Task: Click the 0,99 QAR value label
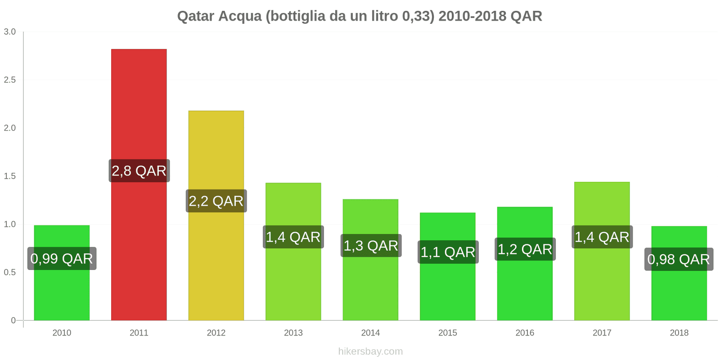pyautogui.click(x=62, y=259)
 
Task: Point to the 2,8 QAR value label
pyautogui.click(x=139, y=171)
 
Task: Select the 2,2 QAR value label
pyautogui.click(x=216, y=201)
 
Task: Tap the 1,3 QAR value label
pyautogui.click(x=371, y=246)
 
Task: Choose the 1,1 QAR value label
pyautogui.click(x=448, y=252)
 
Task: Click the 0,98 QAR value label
pyautogui.click(x=679, y=259)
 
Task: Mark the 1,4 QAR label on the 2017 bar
pyautogui.click(x=602, y=237)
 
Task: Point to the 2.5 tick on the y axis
pyautogui.click(x=10, y=80)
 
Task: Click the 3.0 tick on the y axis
pyautogui.click(x=10, y=32)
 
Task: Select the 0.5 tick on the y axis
pyautogui.click(x=10, y=273)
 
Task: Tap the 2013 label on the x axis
pyautogui.click(x=293, y=333)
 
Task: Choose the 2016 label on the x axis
pyautogui.click(x=525, y=333)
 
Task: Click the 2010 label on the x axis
pyautogui.click(x=62, y=333)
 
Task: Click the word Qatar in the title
pyautogui.click(x=196, y=16)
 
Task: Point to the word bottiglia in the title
pyautogui.click(x=297, y=16)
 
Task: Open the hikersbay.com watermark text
pyautogui.click(x=370, y=351)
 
